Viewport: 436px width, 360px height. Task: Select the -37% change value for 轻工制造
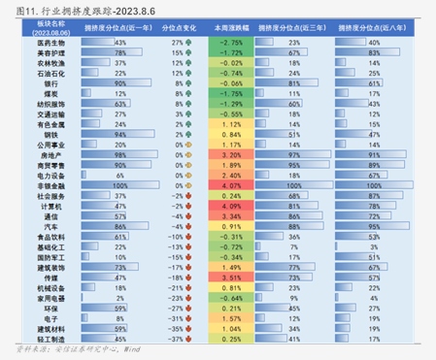[x=176, y=337]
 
